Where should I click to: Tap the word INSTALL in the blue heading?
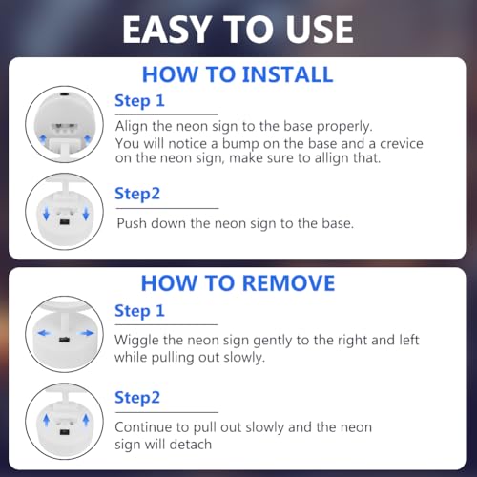[x=288, y=74]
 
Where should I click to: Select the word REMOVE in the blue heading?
[x=289, y=283]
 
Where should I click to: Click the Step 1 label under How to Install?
[x=139, y=101]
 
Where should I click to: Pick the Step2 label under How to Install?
[x=137, y=194]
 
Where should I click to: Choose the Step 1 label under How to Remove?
[x=139, y=311]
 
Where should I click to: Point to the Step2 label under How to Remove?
[x=137, y=398]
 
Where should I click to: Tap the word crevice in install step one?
[x=402, y=144]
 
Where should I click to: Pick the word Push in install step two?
[x=132, y=223]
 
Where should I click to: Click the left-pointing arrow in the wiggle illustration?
[x=44, y=333]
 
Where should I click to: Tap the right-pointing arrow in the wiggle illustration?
[x=87, y=333]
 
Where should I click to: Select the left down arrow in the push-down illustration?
[x=47, y=214]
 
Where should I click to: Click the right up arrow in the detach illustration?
[x=86, y=420]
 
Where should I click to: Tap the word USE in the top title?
[x=319, y=30]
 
